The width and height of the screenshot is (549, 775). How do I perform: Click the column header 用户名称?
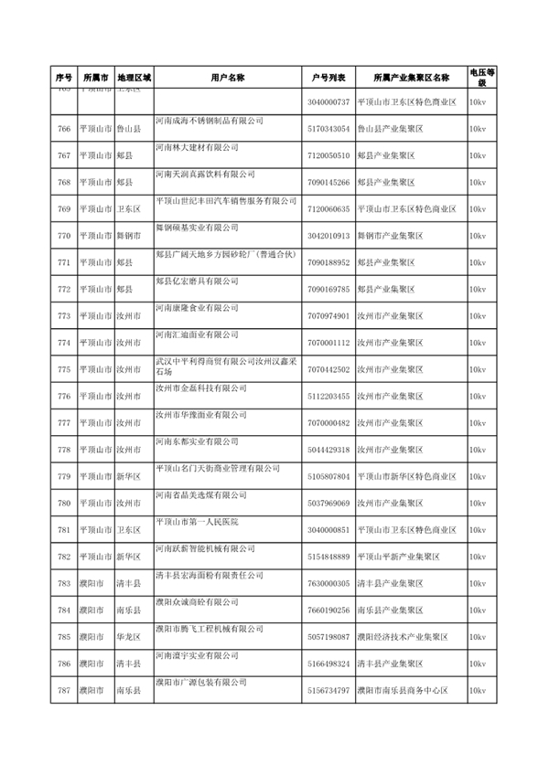click(x=227, y=78)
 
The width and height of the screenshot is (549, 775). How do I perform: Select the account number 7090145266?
click(x=329, y=183)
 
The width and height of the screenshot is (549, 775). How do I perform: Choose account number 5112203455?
click(x=329, y=396)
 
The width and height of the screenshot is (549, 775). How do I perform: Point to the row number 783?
click(x=63, y=582)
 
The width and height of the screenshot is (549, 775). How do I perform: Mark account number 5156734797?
click(x=329, y=689)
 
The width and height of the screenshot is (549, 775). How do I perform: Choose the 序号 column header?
click(x=63, y=78)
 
